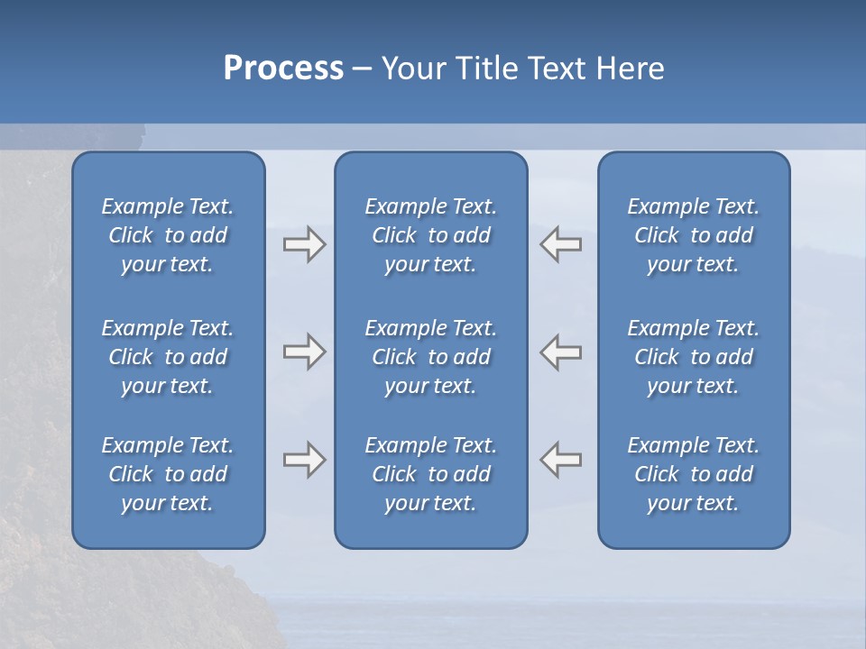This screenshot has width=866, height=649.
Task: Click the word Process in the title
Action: [x=283, y=69]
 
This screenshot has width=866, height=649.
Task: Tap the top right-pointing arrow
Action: [x=304, y=244]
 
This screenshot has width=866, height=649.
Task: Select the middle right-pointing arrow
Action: [x=304, y=352]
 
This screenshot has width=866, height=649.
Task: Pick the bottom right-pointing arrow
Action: [x=304, y=460]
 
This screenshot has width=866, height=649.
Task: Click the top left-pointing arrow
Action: [x=561, y=244]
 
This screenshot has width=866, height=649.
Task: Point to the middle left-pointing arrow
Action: [x=561, y=352]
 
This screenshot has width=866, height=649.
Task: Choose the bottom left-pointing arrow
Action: [x=561, y=460]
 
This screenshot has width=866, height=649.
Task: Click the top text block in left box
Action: [x=168, y=235]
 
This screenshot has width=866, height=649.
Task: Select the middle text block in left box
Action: [x=168, y=357]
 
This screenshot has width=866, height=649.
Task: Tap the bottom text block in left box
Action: [x=168, y=474]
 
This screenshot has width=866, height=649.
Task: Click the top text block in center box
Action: [x=430, y=235]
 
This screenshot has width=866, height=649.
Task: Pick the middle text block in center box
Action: [x=430, y=357]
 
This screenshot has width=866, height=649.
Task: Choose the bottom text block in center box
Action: [x=430, y=474]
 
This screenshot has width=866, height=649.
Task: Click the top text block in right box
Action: [x=693, y=235]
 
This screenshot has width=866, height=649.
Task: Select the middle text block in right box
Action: [x=693, y=357]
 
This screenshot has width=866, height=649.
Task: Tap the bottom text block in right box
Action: [x=693, y=474]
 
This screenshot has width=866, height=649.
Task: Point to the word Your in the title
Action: [x=410, y=69]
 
